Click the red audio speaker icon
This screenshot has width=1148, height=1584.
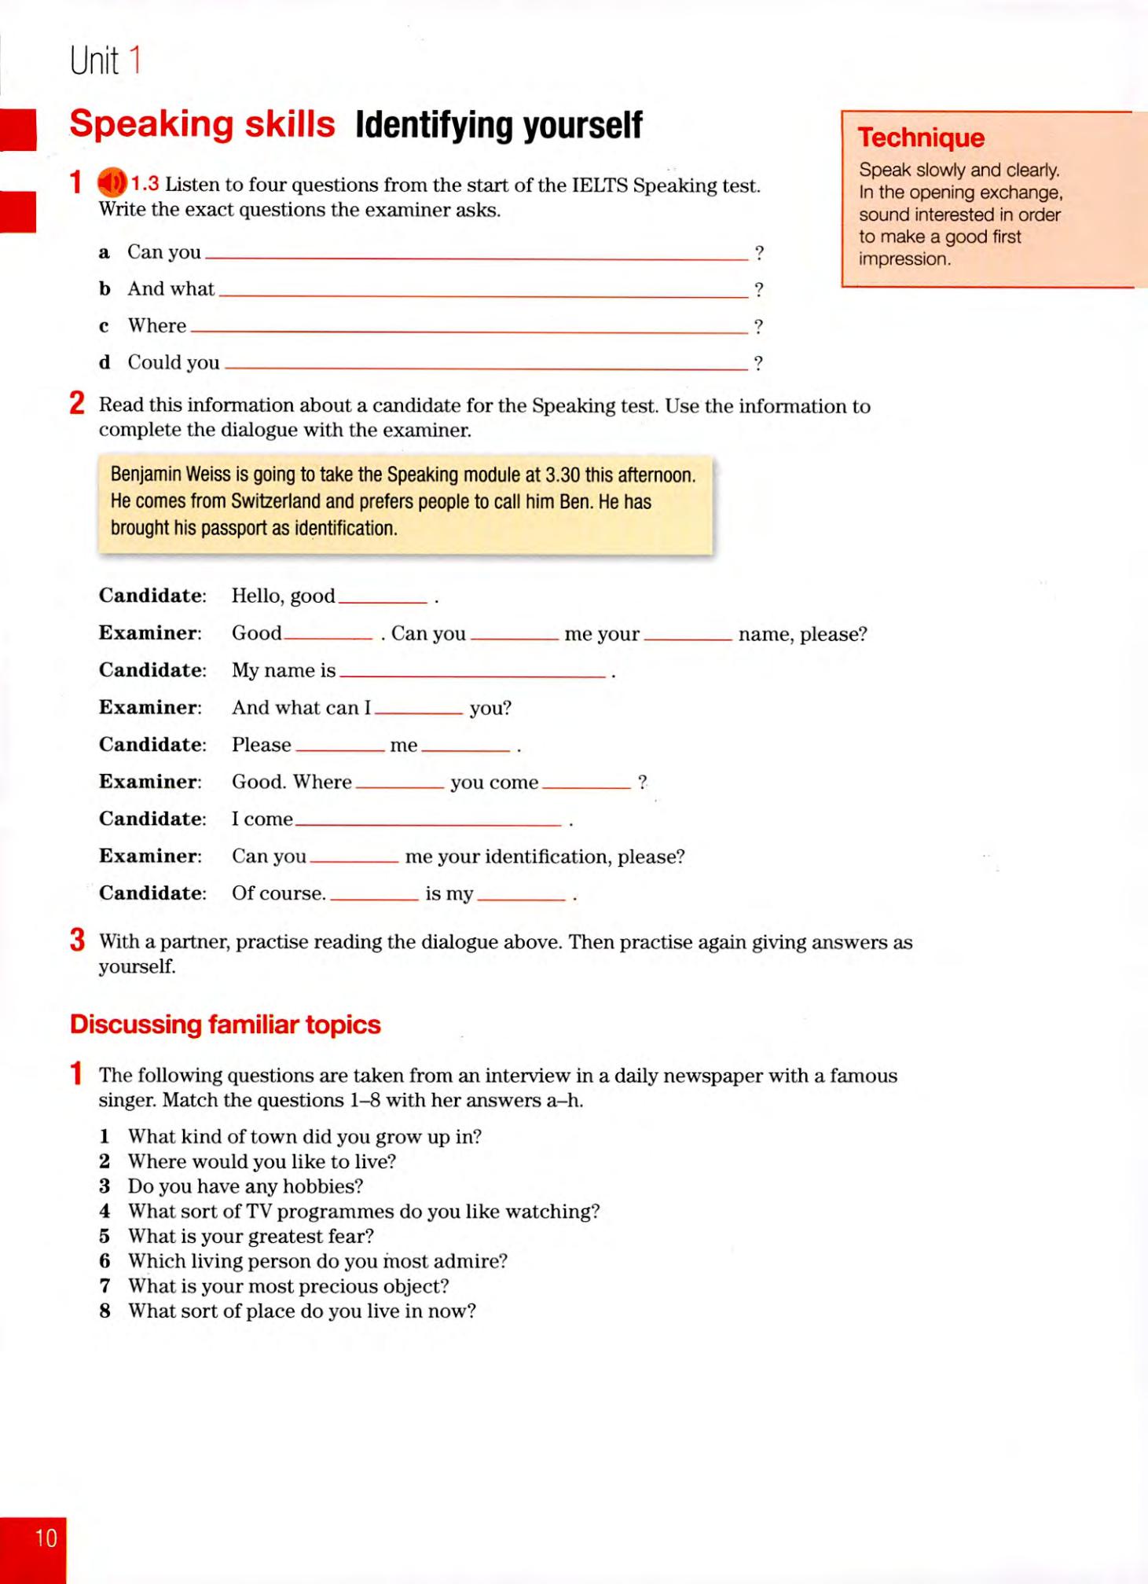point(111,183)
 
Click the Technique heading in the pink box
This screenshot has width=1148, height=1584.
point(920,137)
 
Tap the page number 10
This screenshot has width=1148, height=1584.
point(46,1538)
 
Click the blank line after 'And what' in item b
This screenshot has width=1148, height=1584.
point(482,291)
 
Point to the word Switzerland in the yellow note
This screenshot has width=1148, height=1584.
point(275,501)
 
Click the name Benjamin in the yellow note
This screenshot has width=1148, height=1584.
point(145,475)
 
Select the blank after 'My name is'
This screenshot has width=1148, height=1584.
point(472,673)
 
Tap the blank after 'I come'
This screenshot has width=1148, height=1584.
point(428,821)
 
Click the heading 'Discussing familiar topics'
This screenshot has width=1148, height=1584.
point(225,1025)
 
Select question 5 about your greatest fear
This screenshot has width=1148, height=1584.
point(250,1236)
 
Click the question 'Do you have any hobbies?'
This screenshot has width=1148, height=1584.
point(245,1186)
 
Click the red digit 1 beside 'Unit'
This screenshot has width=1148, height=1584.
point(134,60)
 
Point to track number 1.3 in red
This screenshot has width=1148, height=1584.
point(145,184)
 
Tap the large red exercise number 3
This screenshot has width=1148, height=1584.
point(77,940)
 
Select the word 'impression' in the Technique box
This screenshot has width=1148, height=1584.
point(903,259)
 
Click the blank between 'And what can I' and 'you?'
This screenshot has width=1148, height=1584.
point(419,709)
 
